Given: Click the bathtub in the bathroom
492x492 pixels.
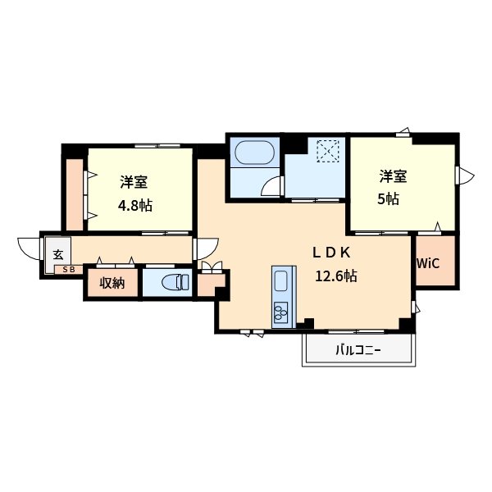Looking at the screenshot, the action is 254,153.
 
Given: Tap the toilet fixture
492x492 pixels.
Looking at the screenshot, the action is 175,282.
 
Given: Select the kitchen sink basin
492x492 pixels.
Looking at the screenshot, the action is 280,281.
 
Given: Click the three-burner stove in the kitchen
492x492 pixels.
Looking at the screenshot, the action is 280,312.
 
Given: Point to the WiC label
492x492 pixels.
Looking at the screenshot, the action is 428,263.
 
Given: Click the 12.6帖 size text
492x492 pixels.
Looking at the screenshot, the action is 336,276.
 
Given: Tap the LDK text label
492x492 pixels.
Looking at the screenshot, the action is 331,253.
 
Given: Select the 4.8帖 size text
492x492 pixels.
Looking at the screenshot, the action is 135,206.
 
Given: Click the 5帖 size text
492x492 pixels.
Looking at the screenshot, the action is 388,198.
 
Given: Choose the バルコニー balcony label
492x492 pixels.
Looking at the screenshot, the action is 358,349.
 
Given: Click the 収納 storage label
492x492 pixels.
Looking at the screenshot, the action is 112,283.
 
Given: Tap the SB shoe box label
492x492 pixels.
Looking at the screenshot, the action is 69,270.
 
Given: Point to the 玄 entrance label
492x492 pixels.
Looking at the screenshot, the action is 58,254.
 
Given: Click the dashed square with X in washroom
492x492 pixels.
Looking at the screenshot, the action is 328,151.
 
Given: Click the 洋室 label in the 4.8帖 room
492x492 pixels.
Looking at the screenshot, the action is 134,182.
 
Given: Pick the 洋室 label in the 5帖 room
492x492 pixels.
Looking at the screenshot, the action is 393,176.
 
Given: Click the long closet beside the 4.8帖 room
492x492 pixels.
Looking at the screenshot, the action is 75,194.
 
